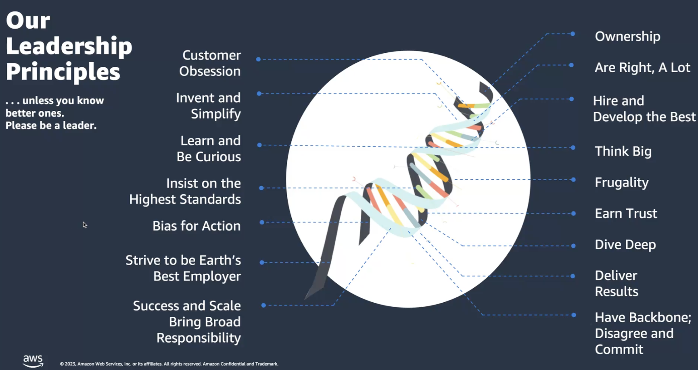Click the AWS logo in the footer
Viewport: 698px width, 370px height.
click(33, 361)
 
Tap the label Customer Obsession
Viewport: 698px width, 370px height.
click(210, 63)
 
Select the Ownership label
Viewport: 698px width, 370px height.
click(627, 36)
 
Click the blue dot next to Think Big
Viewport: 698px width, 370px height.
click(573, 148)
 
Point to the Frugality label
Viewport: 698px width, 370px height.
click(622, 183)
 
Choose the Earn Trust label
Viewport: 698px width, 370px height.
click(626, 213)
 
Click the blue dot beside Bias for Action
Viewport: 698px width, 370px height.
click(262, 222)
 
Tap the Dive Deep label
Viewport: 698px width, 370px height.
click(625, 245)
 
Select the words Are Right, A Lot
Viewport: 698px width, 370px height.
click(642, 67)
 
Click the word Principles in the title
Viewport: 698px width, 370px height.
click(63, 72)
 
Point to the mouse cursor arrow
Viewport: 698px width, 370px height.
click(85, 224)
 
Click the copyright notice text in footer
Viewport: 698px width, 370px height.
click(169, 364)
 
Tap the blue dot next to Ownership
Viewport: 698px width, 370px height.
click(573, 34)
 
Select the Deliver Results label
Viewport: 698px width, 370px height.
click(616, 283)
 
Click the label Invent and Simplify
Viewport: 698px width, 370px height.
click(209, 106)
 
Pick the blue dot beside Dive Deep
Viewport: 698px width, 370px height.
click(573, 246)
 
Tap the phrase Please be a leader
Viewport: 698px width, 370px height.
click(51, 126)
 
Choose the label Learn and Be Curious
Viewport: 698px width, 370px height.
click(209, 148)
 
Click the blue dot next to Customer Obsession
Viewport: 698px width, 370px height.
click(258, 59)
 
